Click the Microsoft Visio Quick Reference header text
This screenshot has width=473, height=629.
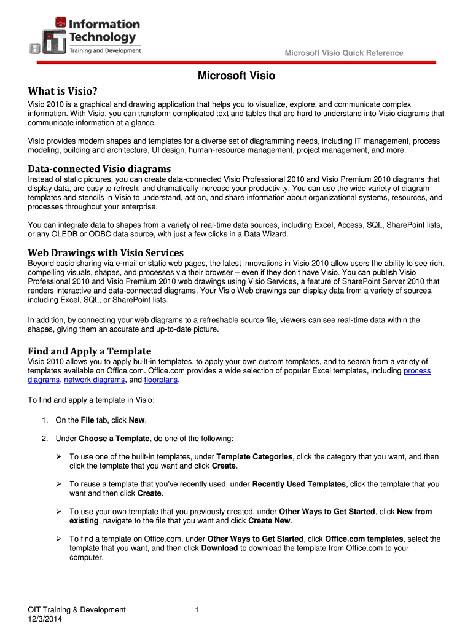pos(344,53)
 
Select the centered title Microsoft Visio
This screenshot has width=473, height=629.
pos(236,76)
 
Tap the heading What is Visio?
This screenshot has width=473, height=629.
pos(63,92)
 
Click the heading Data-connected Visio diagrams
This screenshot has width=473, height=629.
pos(99,168)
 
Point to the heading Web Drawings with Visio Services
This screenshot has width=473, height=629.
pos(106,252)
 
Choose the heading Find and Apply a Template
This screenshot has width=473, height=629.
pos(89,351)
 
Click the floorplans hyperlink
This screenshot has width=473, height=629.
pos(161,380)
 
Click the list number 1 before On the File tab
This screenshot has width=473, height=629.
pos(44,420)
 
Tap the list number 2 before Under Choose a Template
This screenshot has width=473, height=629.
pos(44,439)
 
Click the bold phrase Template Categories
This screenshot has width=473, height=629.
pos(255,457)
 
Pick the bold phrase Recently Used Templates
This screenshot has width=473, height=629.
pos(299,484)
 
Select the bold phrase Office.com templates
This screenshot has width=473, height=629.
pos(364,539)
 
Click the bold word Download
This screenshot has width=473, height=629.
pos(219,548)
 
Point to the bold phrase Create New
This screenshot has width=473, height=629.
pos(269,520)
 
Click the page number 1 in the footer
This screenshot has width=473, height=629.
pos(196,609)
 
